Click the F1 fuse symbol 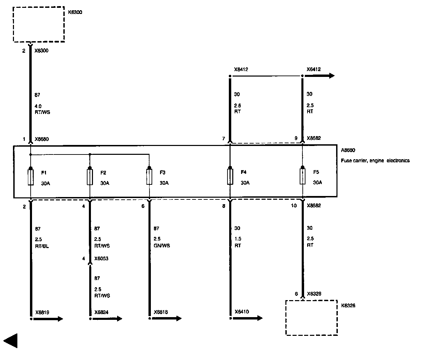coord(31,177)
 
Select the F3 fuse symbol coord(149,177)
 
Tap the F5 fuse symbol coord(302,177)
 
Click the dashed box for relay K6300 coord(39,24)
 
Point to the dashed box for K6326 coord(312,318)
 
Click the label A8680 coord(348,150)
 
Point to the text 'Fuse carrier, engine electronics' coord(375,161)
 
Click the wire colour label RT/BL coord(42,246)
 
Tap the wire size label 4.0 coord(38,106)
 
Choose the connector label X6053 coord(101,259)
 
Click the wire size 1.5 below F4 coord(238,239)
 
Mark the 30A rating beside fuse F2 coord(105,183)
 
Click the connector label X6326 coord(314,294)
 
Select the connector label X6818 coord(161,312)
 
